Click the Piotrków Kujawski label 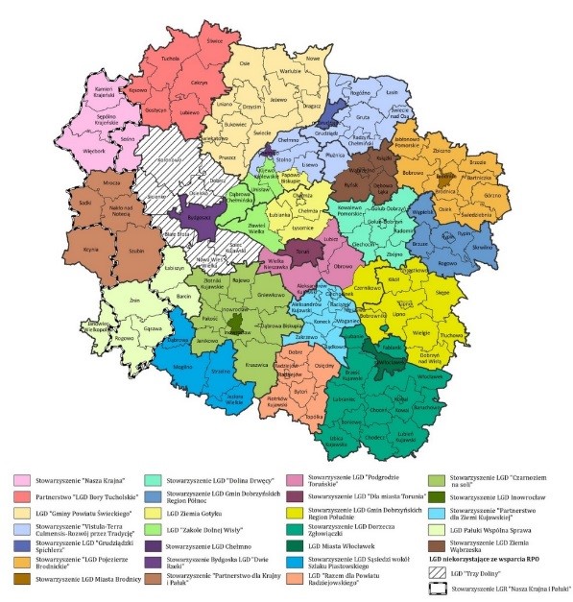tap(276, 397)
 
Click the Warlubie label tap(292, 70)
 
